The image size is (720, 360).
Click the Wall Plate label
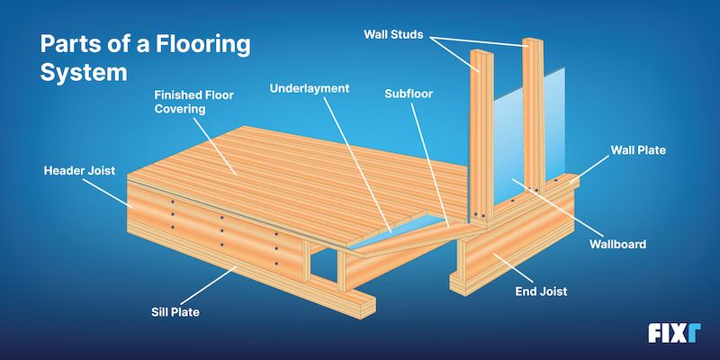pos(638,150)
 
